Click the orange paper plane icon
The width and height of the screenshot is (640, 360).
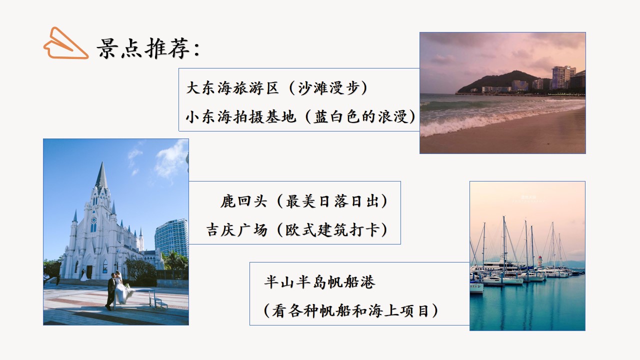click(65, 44)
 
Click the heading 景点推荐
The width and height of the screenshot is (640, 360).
click(148, 49)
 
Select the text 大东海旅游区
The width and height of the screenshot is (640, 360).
click(232, 88)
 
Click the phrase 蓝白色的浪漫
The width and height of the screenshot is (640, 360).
click(364, 116)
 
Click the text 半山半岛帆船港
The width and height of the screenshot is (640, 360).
click(319, 282)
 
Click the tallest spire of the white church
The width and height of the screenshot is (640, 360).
click(101, 175)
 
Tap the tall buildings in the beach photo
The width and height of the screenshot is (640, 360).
click(562, 77)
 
